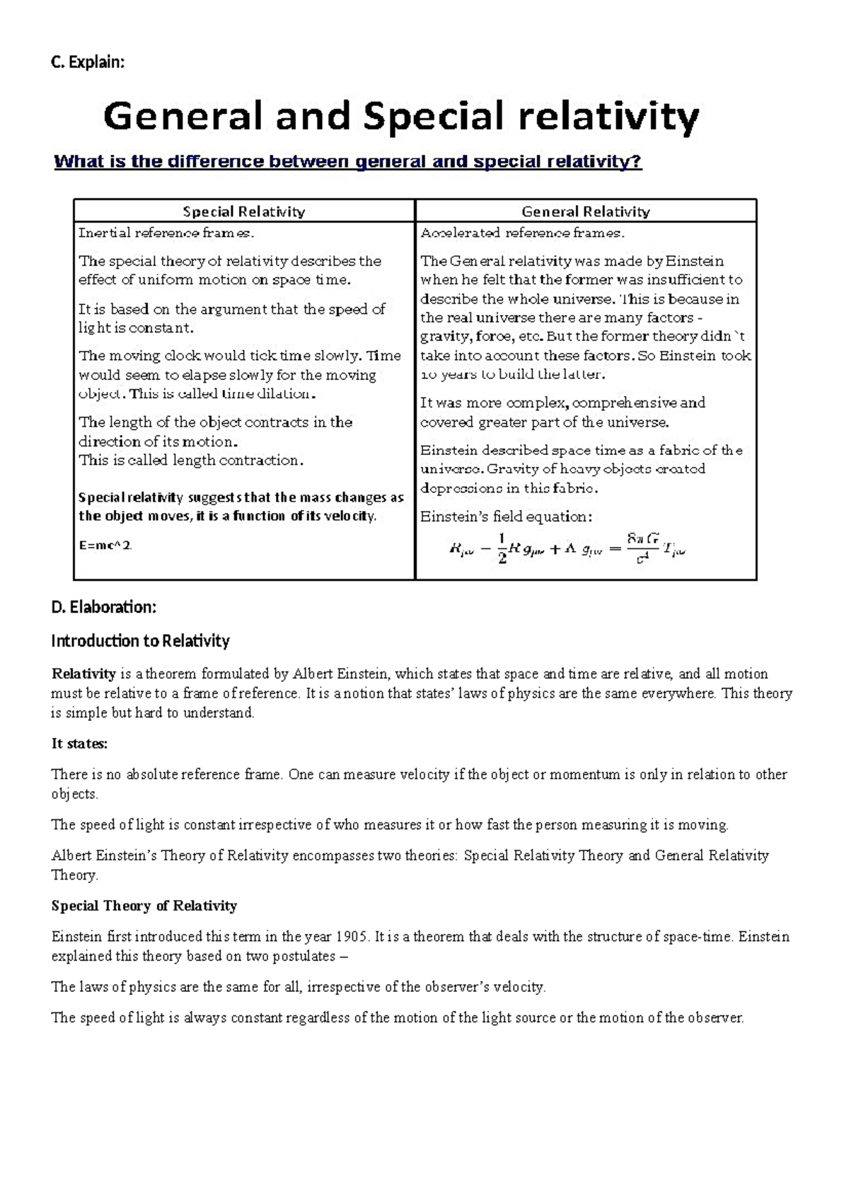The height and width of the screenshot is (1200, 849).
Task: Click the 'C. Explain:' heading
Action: (x=88, y=63)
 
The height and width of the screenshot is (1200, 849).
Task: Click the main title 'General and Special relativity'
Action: (x=401, y=117)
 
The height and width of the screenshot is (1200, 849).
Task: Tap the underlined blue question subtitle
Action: (x=347, y=162)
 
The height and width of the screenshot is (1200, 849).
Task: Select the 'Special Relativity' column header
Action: (x=244, y=212)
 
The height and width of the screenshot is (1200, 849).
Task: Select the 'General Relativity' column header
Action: (x=585, y=212)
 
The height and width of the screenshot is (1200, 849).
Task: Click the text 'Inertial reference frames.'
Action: (x=166, y=233)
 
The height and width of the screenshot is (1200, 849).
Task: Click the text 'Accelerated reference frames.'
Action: (x=522, y=233)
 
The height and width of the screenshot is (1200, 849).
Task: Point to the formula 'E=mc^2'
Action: (x=105, y=546)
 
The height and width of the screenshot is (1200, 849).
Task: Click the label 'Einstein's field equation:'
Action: (x=506, y=517)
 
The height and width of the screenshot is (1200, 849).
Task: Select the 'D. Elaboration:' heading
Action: (x=103, y=607)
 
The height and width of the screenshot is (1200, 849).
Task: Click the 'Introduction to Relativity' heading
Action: (x=140, y=641)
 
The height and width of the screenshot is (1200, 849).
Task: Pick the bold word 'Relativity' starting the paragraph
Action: (x=83, y=674)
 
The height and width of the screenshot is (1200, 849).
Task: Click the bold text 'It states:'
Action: (x=79, y=744)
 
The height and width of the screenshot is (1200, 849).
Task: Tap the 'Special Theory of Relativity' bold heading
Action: (x=144, y=906)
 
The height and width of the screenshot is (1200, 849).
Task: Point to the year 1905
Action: (x=352, y=937)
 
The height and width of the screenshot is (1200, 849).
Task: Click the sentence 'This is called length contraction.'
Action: (x=191, y=461)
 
